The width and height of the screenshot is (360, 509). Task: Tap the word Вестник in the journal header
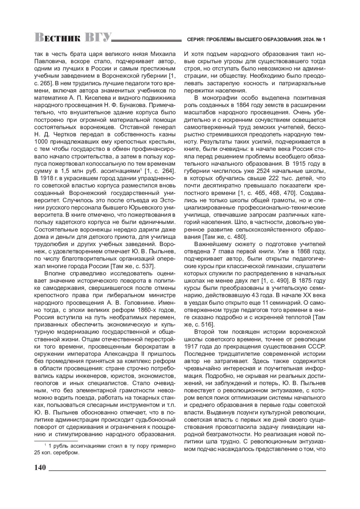click(57, 38)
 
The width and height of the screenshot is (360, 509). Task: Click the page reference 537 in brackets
click(146, 266)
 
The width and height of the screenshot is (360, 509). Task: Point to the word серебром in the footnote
click(66, 453)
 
